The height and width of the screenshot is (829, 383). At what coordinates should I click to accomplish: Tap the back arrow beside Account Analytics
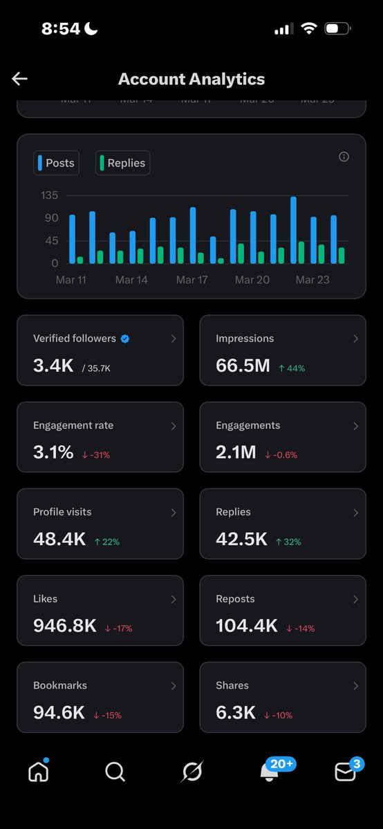coord(19,79)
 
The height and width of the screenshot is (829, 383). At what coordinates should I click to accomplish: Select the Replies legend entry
coord(122,163)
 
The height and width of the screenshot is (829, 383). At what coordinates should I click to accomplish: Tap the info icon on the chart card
coord(344,157)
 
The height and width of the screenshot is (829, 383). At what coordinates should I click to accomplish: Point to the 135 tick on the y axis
coord(50,196)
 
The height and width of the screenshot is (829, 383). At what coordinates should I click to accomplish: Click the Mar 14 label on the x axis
coord(131,280)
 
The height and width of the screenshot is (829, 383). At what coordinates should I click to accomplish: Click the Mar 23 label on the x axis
coord(312,280)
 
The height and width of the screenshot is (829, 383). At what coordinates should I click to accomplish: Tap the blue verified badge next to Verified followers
coord(125,339)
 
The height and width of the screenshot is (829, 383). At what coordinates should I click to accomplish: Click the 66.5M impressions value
coord(243,366)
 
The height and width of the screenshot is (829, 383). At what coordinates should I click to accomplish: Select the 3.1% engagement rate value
coord(53,452)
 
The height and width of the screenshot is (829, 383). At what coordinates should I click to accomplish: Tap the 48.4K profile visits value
coord(59,540)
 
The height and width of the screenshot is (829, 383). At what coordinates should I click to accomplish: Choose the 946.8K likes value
coord(64,626)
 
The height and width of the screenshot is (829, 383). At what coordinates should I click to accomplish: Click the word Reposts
coord(235,599)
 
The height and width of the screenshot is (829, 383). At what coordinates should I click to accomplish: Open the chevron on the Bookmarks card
coord(174,686)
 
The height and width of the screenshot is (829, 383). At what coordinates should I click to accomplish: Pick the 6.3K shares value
coord(236,713)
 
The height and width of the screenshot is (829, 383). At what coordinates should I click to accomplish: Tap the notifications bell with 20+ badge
coord(270,772)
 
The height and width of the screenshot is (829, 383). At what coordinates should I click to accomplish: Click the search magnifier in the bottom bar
coord(115,772)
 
